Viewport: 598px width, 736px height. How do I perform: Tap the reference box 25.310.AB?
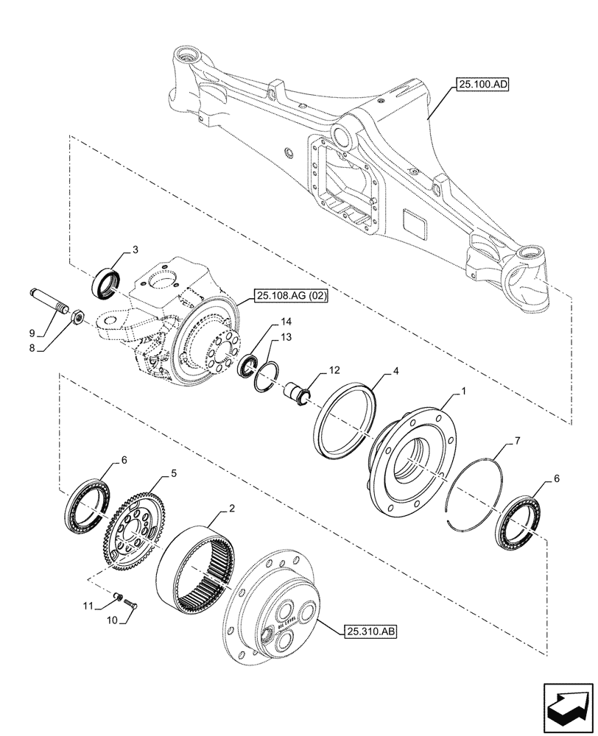coord(370,631)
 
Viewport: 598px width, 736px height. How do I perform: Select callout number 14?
coord(286,322)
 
